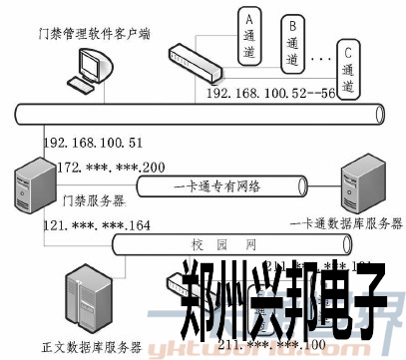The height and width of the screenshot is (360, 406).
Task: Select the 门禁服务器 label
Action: [90, 200]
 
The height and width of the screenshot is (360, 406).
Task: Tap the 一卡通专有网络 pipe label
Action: [218, 185]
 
